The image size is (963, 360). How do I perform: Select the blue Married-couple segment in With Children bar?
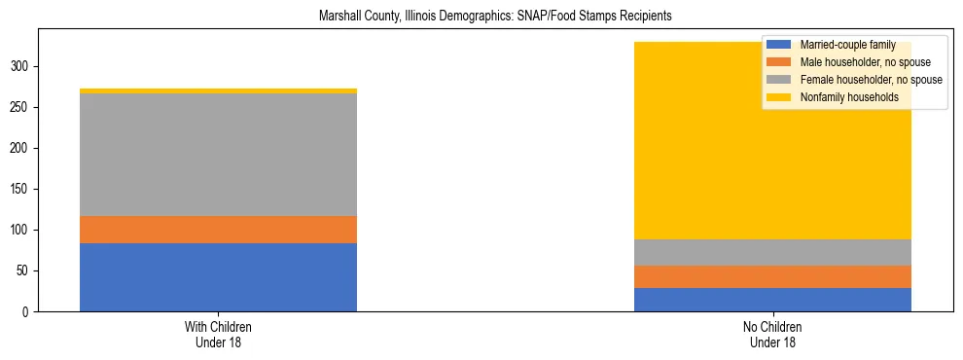pos(218,277)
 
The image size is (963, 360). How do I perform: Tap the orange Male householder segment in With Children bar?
pos(218,230)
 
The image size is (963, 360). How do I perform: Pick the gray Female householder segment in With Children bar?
pos(218,155)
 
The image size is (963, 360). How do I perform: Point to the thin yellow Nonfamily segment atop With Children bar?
pos(218,90)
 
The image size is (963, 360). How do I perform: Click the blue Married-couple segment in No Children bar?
pos(772,300)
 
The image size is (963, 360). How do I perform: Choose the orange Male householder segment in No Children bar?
pos(772,276)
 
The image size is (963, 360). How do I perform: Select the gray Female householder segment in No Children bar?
pos(772,252)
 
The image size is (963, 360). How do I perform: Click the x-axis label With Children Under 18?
pos(218,334)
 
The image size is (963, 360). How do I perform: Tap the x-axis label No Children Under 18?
pos(772,334)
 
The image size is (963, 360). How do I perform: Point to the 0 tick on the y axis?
pos(28,312)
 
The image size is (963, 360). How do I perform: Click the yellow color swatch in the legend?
pos(779,97)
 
